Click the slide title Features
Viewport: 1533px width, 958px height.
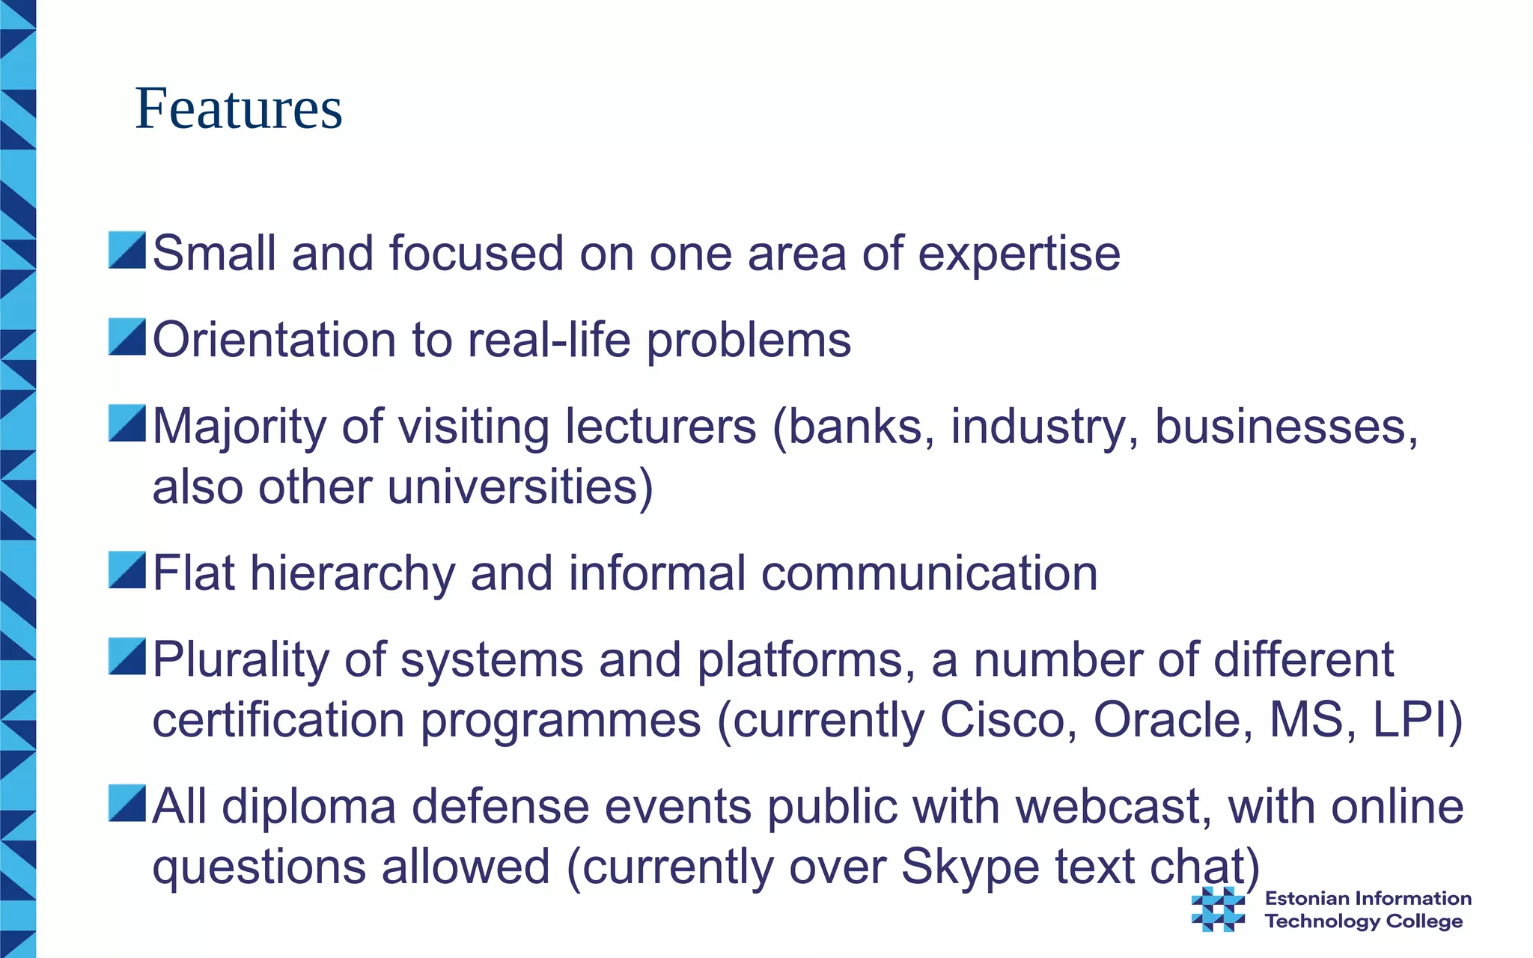pos(238,109)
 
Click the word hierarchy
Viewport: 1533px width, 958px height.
pos(352,575)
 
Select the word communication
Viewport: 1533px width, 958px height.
pos(929,573)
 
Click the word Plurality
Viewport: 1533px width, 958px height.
pos(240,661)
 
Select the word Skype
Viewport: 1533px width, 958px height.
pos(969,868)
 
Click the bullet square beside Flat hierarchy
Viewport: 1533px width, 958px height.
pos(127,570)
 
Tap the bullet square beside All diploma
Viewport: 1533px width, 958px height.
pos(127,804)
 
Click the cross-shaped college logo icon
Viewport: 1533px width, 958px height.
pos(1218,909)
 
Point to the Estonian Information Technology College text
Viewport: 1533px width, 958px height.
pos(1367,909)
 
